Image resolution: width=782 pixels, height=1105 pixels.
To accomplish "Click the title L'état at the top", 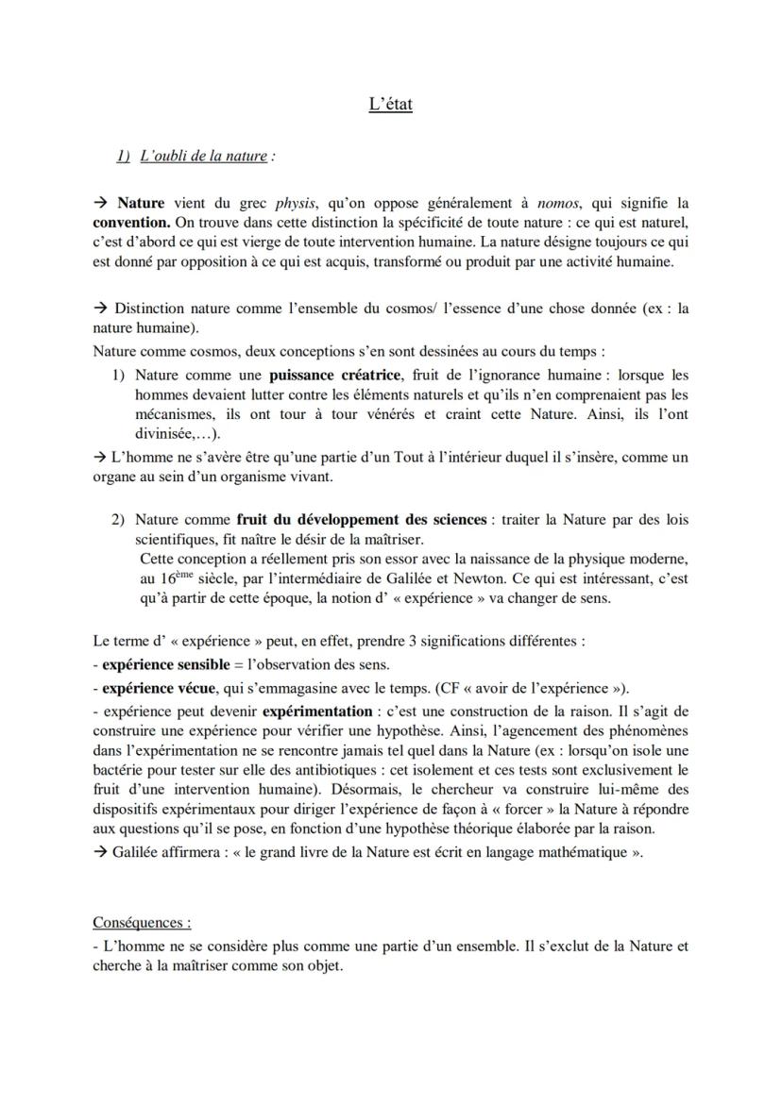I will tap(390, 104).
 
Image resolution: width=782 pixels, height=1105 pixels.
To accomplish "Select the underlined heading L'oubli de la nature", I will tap(203, 156).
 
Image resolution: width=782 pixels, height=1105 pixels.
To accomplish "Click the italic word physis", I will tap(295, 203).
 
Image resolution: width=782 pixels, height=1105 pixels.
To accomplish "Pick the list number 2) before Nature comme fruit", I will tap(119, 519).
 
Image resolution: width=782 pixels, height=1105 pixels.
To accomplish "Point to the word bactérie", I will tap(118, 769).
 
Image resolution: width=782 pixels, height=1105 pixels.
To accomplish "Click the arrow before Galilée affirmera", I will tap(100, 850).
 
